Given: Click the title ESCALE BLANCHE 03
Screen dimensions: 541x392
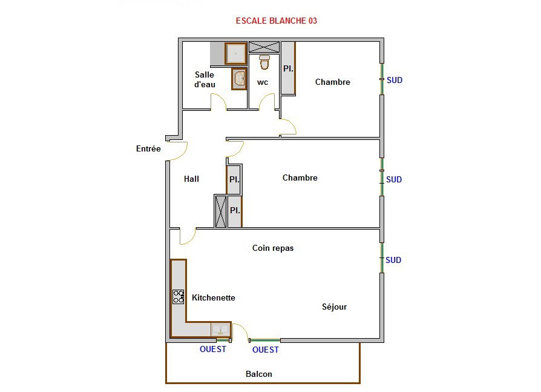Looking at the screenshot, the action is tap(277, 21).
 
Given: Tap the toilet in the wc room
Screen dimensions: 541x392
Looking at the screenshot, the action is tap(264, 62).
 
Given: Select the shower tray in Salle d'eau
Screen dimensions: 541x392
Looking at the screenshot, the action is tap(236, 53).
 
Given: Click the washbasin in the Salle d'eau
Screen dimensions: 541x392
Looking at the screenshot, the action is tap(239, 79).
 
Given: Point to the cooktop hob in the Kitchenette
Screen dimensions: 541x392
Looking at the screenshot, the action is tap(179, 297).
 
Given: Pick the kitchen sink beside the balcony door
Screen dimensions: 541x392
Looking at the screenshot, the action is tap(220, 330).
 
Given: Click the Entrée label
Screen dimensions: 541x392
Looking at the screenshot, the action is tap(148, 148).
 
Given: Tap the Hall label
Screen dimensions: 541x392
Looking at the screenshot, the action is tap(191, 179).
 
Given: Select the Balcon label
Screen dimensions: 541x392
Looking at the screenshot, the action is tap(259, 374).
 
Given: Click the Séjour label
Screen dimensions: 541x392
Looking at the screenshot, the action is tap(334, 307).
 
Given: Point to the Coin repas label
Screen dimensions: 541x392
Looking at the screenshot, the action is tap(273, 248).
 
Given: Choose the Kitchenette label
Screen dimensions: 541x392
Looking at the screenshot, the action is tap(214, 297).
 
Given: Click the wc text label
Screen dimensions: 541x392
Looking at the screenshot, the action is tap(263, 82).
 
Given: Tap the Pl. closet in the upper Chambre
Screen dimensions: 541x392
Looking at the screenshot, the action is tap(288, 68).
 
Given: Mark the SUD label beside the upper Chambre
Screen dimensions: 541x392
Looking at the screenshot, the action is tap(395, 80).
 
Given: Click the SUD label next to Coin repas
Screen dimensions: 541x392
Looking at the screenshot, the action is tap(393, 260).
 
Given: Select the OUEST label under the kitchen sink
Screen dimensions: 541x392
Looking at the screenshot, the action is tap(213, 349).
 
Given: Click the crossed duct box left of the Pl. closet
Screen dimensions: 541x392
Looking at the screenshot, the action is tap(220, 211).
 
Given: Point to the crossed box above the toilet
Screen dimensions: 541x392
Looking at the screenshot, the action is tap(264, 47).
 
